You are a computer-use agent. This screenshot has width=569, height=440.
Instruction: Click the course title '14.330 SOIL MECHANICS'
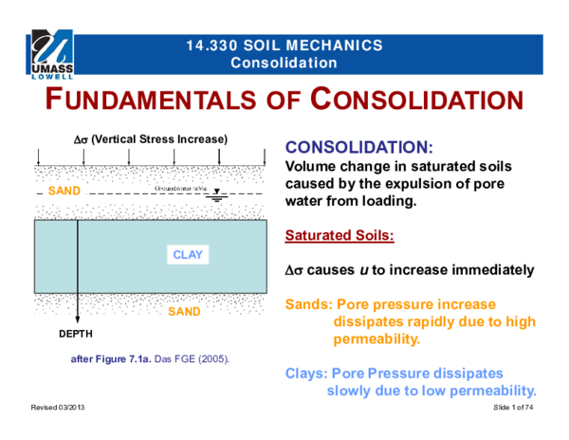coord(284,46)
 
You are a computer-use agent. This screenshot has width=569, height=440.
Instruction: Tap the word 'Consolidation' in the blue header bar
coord(284,63)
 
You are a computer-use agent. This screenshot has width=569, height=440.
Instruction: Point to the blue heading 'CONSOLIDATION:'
coord(359,149)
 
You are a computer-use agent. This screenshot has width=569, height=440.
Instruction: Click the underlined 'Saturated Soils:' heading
coord(340,235)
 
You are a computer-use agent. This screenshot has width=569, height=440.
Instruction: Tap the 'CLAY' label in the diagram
coord(188,255)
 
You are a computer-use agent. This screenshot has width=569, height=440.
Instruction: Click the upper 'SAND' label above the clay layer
coord(64,191)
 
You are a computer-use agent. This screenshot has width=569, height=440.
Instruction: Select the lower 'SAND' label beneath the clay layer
coord(184,311)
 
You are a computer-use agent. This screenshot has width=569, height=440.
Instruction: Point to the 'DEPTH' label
coord(77,335)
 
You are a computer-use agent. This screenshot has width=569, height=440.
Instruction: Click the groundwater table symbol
coord(216,195)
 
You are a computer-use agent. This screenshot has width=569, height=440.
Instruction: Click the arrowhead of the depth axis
coord(77,320)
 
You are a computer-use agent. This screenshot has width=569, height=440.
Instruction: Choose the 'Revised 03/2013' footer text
coord(58,406)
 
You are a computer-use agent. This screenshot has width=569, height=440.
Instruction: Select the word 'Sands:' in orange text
coord(308,304)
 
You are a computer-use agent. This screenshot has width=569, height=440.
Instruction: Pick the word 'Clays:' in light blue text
coord(308,374)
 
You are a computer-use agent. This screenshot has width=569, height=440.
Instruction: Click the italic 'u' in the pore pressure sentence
coord(363,270)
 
